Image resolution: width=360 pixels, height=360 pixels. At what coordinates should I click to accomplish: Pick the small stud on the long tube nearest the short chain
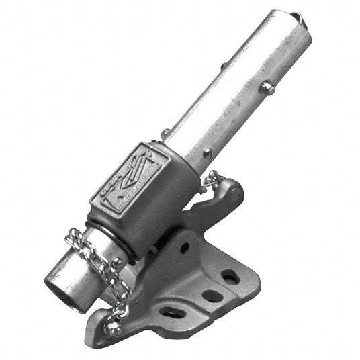tap(210, 154)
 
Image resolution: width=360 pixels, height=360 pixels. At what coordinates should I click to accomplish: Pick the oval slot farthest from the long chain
tap(230, 276)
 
